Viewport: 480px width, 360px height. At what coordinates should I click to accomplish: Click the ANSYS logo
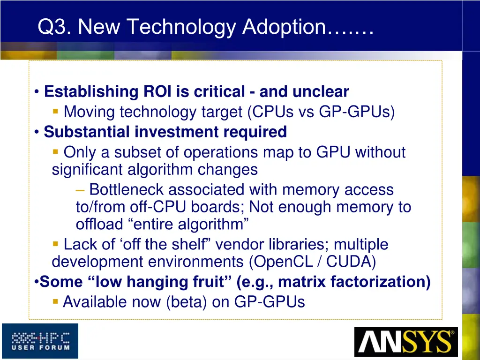click(x=405, y=342)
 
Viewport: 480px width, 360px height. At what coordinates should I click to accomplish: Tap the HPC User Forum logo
click(x=40, y=341)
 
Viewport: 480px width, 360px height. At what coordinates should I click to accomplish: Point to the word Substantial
click(x=87, y=132)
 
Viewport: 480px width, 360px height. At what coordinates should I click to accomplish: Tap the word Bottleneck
click(x=127, y=190)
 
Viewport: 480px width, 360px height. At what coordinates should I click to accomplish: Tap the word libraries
click(x=300, y=244)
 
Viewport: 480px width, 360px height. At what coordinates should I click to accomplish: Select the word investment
click(x=177, y=132)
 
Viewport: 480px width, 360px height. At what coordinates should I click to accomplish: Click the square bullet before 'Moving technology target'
click(x=55, y=112)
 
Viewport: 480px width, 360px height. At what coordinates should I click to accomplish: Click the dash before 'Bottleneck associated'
click(x=80, y=190)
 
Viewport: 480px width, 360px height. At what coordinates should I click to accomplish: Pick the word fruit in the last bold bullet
click(x=210, y=282)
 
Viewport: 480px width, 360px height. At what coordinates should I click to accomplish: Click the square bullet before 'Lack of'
click(x=55, y=244)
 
